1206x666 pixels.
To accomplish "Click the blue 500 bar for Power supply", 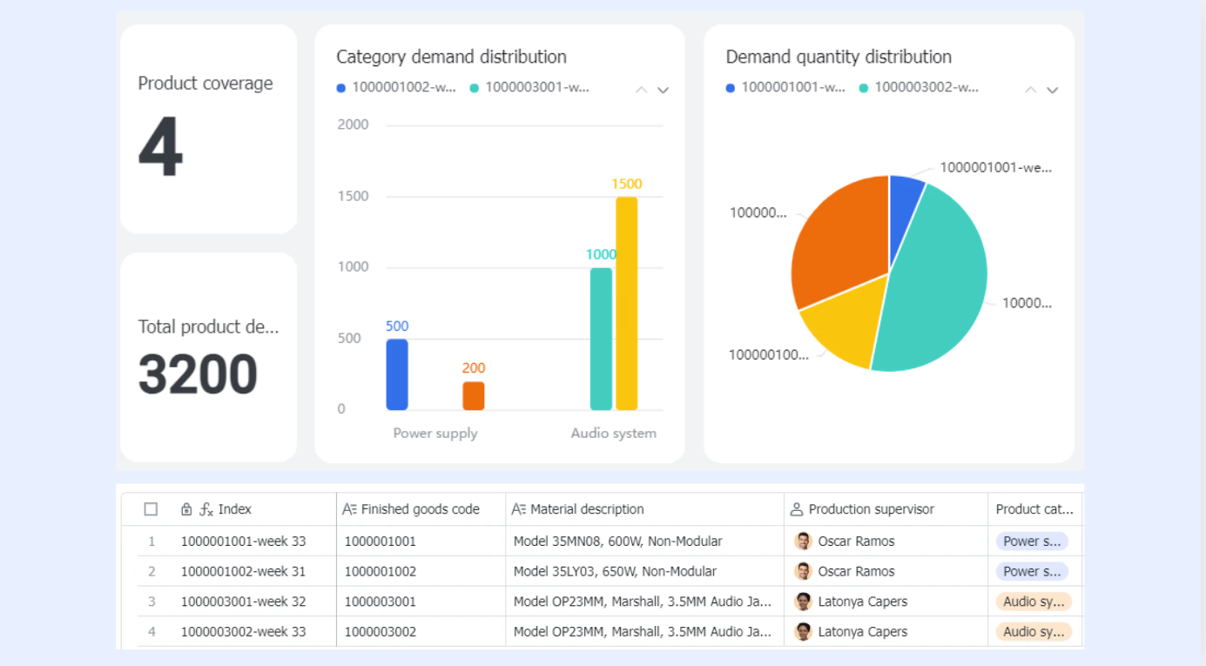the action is (397, 374).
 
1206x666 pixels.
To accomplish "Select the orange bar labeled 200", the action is (473, 396).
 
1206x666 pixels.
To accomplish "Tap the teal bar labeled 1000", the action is (601, 340).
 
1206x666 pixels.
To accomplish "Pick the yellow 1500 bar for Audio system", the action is (627, 304).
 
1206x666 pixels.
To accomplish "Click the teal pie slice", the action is (937, 291).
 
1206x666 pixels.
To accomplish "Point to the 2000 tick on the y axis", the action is (353, 124).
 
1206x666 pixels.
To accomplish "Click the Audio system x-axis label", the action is (613, 433).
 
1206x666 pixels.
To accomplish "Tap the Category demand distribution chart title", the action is (451, 57).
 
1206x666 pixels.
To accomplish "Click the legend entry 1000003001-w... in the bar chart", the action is (529, 87).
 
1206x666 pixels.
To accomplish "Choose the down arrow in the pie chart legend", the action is (1052, 90).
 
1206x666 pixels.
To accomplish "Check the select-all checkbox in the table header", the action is (151, 508).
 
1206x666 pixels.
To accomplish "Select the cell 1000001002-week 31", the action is (243, 571).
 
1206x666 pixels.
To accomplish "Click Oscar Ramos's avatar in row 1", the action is (803, 541).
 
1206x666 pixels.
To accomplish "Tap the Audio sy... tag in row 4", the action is (1034, 631).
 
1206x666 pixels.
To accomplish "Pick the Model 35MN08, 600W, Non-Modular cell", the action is (617, 542).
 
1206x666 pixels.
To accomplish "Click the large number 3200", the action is (198, 374).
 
